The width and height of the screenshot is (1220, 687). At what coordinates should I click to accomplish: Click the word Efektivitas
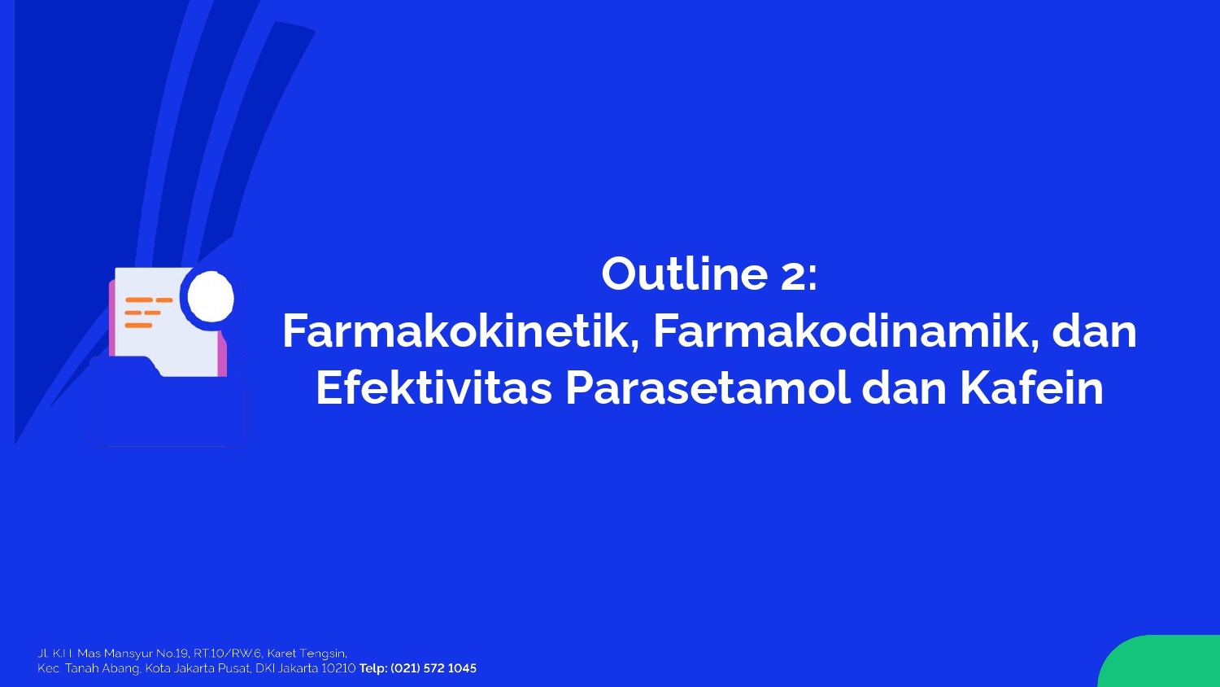(x=434, y=389)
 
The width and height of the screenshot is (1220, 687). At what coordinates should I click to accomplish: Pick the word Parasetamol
(x=708, y=389)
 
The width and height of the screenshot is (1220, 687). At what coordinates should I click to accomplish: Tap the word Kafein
(x=1031, y=389)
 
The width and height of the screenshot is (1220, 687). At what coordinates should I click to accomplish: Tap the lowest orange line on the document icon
(x=138, y=326)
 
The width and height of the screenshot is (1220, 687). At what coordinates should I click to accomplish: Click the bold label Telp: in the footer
(x=373, y=668)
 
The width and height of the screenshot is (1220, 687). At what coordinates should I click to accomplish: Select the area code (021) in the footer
(x=406, y=668)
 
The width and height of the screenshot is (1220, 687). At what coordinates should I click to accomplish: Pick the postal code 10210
(x=338, y=668)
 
